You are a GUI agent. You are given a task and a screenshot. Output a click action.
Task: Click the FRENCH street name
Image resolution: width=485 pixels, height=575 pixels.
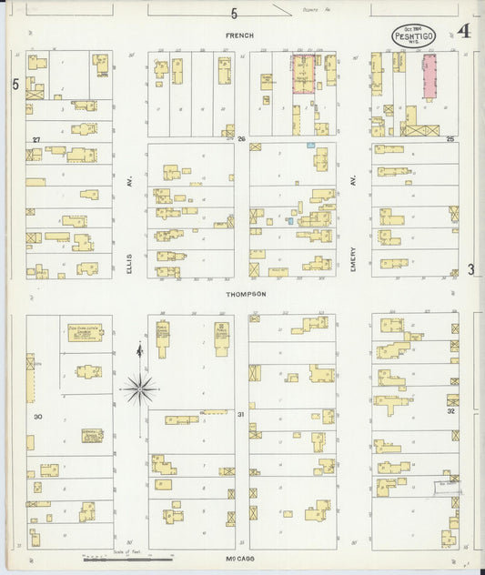coord(241,35)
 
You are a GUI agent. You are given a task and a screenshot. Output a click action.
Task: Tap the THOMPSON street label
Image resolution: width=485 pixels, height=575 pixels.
coord(247,294)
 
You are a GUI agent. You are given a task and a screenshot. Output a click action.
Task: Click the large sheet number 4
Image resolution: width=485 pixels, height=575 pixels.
coord(464,32)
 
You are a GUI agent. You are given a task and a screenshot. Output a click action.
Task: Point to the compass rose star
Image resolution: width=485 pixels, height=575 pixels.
coord(139,388)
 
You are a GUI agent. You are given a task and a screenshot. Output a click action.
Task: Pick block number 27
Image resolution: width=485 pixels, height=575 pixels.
coord(36,139)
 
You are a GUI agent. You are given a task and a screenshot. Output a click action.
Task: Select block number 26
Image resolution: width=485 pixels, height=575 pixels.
coord(242,139)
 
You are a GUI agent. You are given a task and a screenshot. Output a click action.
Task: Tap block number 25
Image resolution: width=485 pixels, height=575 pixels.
coord(450,139)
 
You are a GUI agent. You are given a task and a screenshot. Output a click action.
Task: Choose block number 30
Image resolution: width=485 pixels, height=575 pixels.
coord(37,416)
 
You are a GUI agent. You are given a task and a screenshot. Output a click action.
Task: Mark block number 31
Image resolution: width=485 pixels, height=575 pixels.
coord(241,416)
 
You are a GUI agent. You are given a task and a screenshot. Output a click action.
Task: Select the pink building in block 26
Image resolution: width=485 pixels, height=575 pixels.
coord(303,73)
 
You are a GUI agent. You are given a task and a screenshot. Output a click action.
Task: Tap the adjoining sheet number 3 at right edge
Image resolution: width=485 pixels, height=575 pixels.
coord(471,269)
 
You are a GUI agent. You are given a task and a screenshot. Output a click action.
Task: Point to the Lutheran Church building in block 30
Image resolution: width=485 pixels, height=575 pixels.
coord(85,332)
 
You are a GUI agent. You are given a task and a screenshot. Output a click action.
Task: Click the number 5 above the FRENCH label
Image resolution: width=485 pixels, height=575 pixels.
coord(234,14)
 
